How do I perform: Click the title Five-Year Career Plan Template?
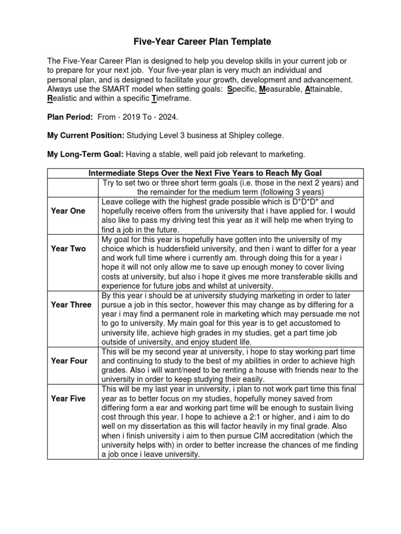(x=200, y=42)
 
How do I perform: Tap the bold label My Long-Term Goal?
(x=85, y=154)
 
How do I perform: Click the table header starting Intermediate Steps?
(x=205, y=173)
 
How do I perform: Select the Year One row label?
(x=68, y=211)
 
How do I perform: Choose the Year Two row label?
(x=68, y=249)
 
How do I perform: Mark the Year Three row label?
(x=71, y=305)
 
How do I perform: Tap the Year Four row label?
(x=69, y=360)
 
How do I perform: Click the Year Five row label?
(x=69, y=398)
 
